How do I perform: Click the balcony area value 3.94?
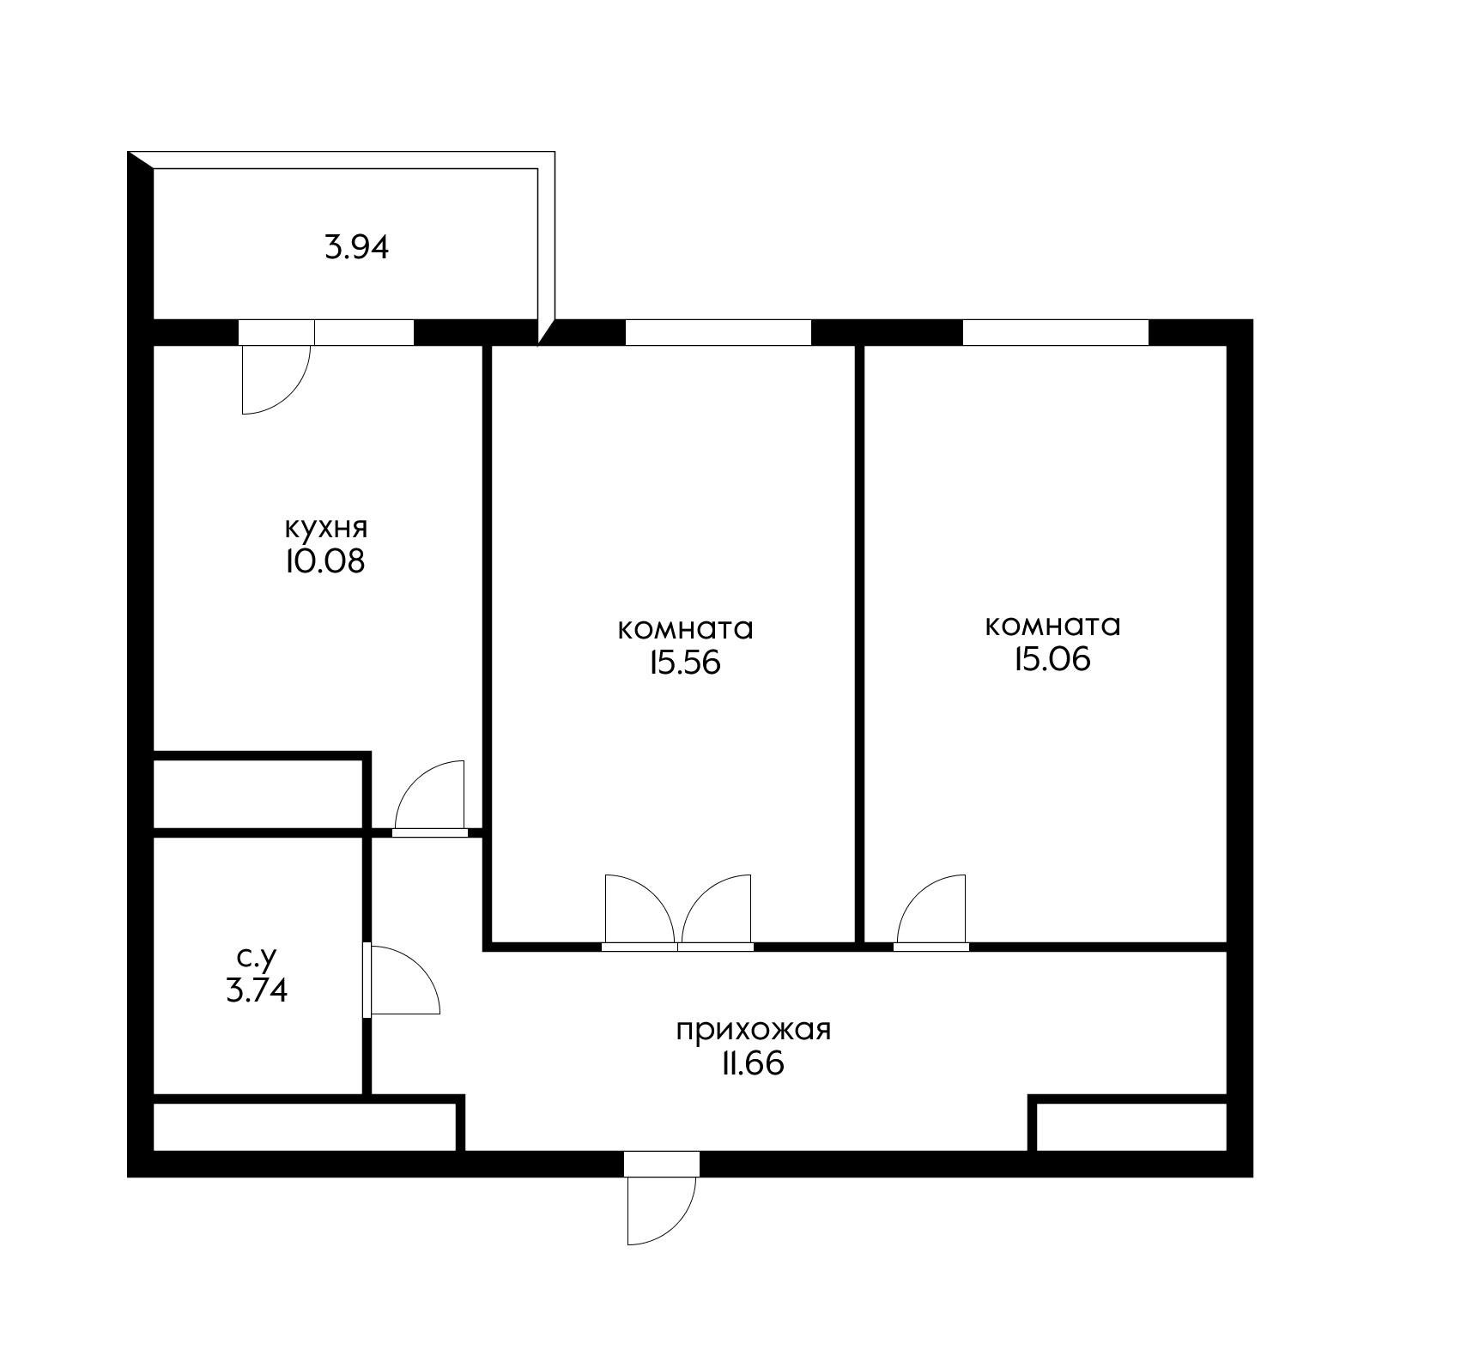(356, 247)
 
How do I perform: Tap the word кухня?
(325, 527)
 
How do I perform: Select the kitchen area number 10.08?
(325, 561)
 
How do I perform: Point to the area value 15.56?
(684, 663)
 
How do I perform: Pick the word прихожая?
(754, 1030)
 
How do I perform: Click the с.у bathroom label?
(256, 956)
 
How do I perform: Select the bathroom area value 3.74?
(256, 991)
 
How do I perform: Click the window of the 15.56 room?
(718, 332)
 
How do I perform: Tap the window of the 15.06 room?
(1055, 332)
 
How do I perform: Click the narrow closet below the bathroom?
(303, 1126)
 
